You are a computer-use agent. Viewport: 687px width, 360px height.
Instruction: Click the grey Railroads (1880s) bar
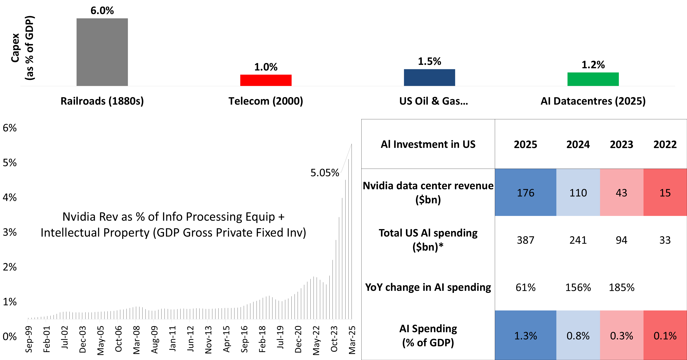click(x=102, y=52)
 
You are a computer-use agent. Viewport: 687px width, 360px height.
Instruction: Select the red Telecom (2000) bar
click(x=266, y=80)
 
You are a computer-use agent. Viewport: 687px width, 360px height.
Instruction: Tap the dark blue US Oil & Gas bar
click(x=429, y=77)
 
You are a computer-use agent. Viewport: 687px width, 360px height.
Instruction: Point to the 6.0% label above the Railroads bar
click(x=102, y=11)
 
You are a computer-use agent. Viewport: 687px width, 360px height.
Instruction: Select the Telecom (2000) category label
click(x=266, y=101)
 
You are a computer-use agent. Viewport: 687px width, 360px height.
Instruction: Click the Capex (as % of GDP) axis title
click(x=23, y=48)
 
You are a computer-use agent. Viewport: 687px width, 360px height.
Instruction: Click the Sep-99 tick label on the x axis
click(x=29, y=339)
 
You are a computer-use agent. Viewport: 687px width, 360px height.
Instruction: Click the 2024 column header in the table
click(x=578, y=145)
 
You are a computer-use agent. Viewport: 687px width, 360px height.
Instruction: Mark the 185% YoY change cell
click(x=621, y=288)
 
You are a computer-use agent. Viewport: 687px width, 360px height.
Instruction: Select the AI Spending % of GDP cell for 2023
click(x=621, y=336)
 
